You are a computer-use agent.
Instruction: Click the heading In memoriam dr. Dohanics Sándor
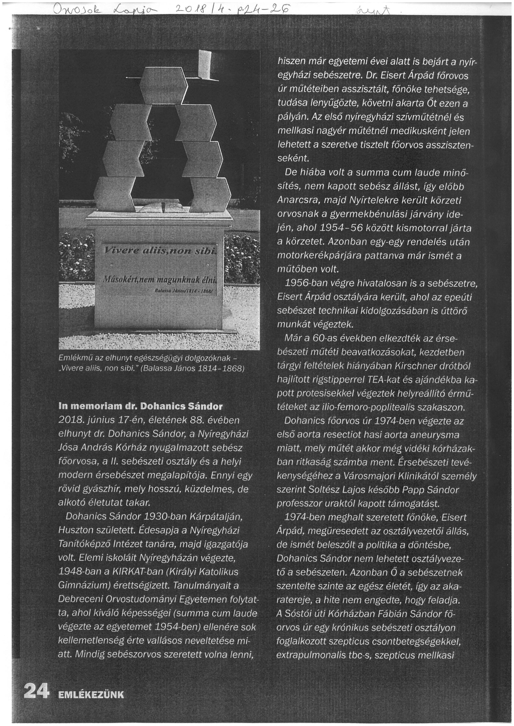(141, 406)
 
